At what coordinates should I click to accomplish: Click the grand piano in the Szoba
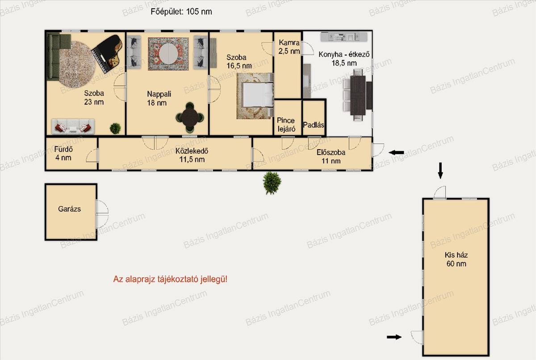point(107,54)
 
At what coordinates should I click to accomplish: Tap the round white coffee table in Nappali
point(168,54)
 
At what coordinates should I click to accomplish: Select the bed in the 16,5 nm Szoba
point(258,95)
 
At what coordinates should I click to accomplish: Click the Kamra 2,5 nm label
point(289,47)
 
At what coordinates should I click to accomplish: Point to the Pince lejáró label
point(286,125)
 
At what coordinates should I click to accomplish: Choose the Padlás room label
point(314,125)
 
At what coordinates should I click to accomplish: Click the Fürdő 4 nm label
point(63,153)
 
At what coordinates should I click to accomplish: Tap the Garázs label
point(69,209)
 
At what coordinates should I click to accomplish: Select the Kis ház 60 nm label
point(456,260)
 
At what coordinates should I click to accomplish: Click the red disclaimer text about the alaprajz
point(170,279)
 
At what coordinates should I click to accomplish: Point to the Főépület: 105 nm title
point(181,12)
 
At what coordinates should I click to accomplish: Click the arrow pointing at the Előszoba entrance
point(396,152)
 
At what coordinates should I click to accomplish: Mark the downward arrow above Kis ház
point(440,171)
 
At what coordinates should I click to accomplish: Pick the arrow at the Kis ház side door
point(394,337)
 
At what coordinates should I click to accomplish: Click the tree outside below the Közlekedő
point(272,183)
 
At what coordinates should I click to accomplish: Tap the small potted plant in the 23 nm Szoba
point(115,129)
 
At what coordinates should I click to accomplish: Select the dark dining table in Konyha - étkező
point(358,95)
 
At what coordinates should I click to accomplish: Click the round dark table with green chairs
point(190,117)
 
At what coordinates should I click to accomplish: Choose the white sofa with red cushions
point(73,126)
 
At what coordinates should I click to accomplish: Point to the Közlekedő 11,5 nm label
point(192,155)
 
